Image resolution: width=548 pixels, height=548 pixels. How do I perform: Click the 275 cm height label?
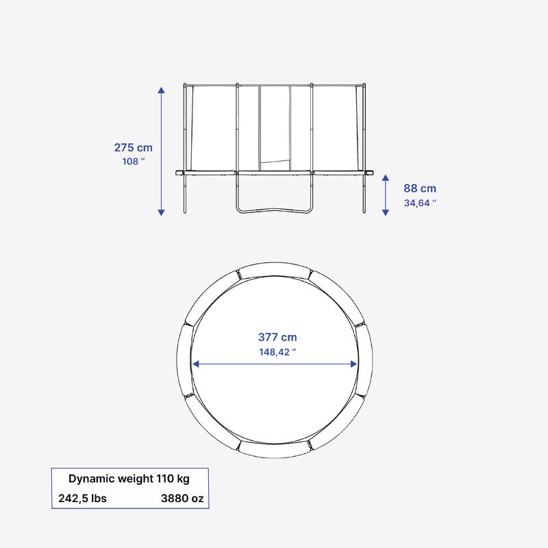(133, 147)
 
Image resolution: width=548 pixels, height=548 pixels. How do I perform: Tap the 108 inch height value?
(133, 162)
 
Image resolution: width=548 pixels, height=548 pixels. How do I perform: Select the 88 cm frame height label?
(420, 188)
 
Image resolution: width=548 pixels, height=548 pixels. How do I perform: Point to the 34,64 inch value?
(420, 203)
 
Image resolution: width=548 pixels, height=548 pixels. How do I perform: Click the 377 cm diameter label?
(277, 337)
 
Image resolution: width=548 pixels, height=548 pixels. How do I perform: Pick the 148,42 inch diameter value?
(277, 352)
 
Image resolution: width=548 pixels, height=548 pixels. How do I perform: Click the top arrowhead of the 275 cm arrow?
(161, 90)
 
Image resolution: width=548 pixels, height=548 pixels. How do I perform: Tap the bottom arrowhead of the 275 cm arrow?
(161, 212)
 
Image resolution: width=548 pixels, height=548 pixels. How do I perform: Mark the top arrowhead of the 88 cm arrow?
(386, 177)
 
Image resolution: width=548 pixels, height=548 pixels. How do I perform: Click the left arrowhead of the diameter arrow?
(196, 364)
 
